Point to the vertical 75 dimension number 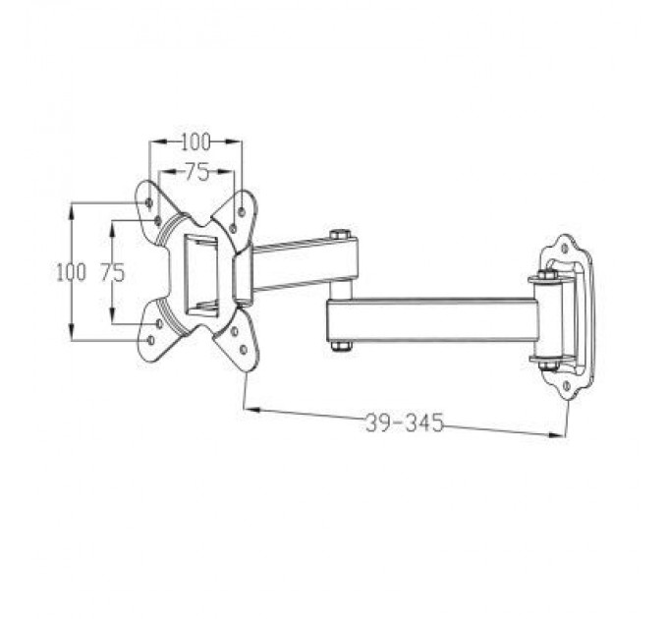pyautogui.click(x=113, y=272)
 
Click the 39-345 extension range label pyautogui.click(x=404, y=422)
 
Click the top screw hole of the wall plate pyautogui.click(x=564, y=249)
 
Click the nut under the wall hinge pyautogui.click(x=546, y=366)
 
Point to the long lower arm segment pyautogui.click(x=432, y=320)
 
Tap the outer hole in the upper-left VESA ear pyautogui.click(x=148, y=201)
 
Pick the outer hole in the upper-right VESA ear pyautogui.click(x=242, y=208)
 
